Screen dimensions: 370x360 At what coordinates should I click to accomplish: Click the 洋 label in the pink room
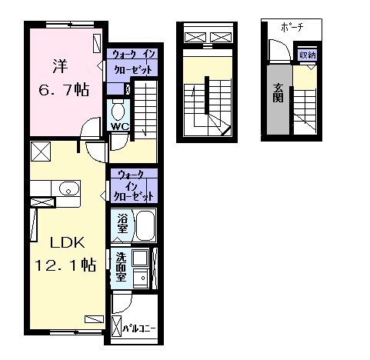click(60, 66)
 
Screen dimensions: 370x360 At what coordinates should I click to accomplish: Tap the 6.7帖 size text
click(64, 90)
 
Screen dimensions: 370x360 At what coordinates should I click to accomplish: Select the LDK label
click(67, 242)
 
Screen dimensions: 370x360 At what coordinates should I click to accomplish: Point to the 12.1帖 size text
click(65, 265)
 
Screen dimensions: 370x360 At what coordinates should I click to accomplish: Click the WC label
click(120, 126)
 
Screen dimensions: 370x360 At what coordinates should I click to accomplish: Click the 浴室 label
click(122, 223)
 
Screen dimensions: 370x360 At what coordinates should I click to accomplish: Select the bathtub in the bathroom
click(145, 225)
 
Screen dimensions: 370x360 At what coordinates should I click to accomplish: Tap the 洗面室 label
click(121, 267)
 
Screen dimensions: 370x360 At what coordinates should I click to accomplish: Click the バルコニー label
click(139, 328)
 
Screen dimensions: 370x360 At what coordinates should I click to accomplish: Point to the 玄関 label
click(278, 93)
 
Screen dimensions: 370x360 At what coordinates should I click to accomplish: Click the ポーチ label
click(292, 27)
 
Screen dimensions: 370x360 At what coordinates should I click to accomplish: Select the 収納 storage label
click(307, 55)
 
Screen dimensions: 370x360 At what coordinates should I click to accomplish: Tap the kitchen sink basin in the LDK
click(68, 188)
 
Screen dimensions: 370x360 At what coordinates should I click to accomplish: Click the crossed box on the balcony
click(116, 326)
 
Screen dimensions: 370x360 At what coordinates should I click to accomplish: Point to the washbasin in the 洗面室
click(140, 278)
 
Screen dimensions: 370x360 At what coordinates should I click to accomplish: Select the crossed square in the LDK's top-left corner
click(41, 152)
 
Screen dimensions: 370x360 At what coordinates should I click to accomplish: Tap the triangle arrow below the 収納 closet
click(312, 67)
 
